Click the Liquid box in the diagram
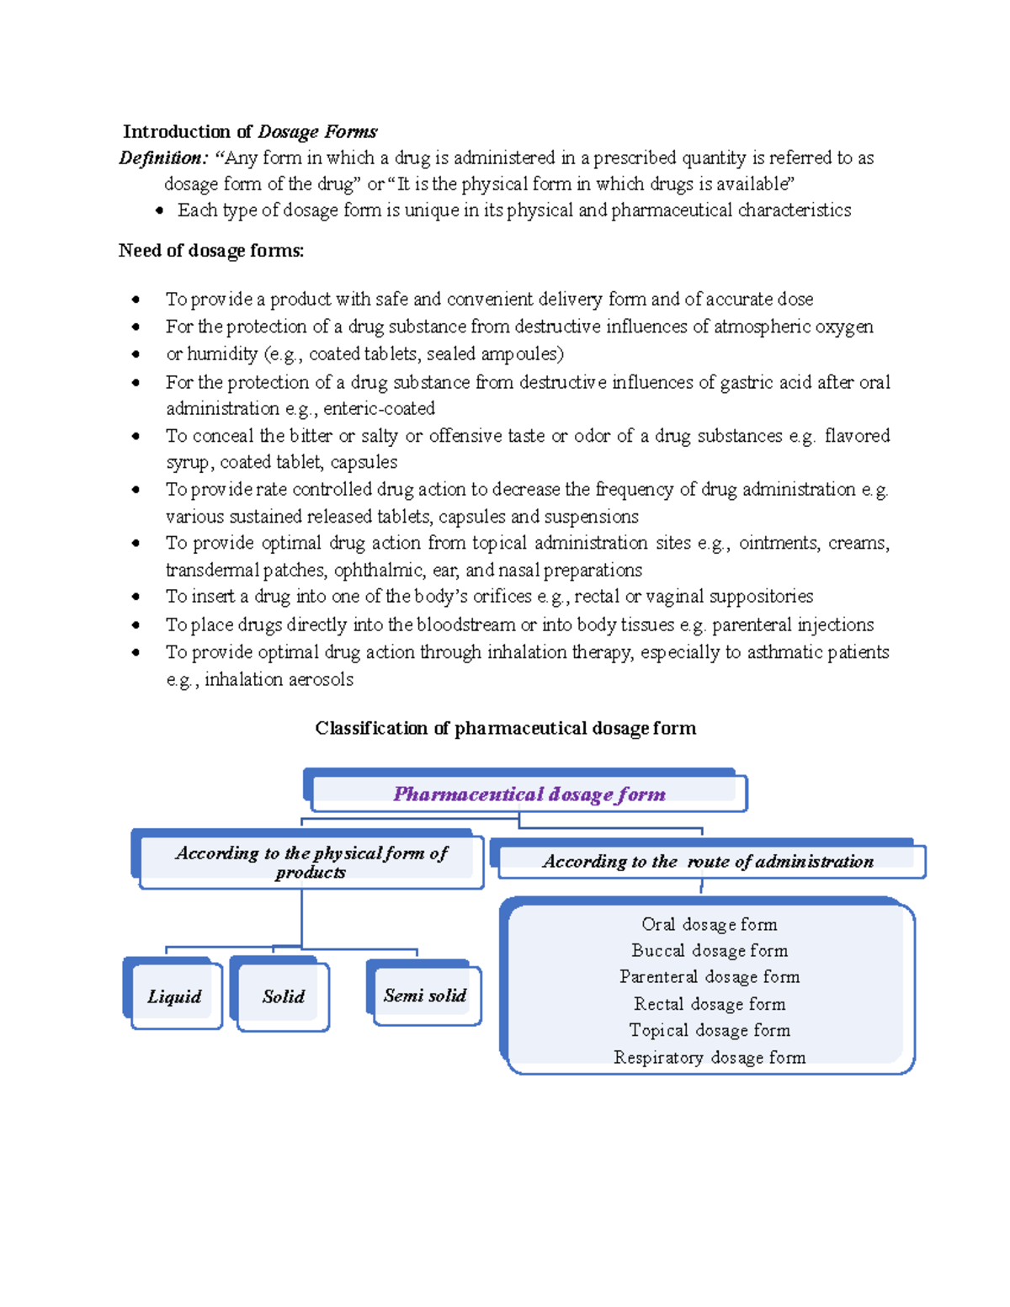174,996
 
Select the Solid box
283,996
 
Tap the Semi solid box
425,996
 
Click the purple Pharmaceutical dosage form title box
529,794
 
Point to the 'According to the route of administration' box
708,861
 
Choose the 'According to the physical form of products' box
311,862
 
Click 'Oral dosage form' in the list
709,924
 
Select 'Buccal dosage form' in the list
710,950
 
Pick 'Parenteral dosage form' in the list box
710,976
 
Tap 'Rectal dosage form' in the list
710,1003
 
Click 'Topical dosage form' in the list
710,1030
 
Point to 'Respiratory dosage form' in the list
710,1057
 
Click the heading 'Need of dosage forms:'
211,251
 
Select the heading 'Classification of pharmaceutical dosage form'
505,728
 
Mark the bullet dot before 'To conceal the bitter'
136,436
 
